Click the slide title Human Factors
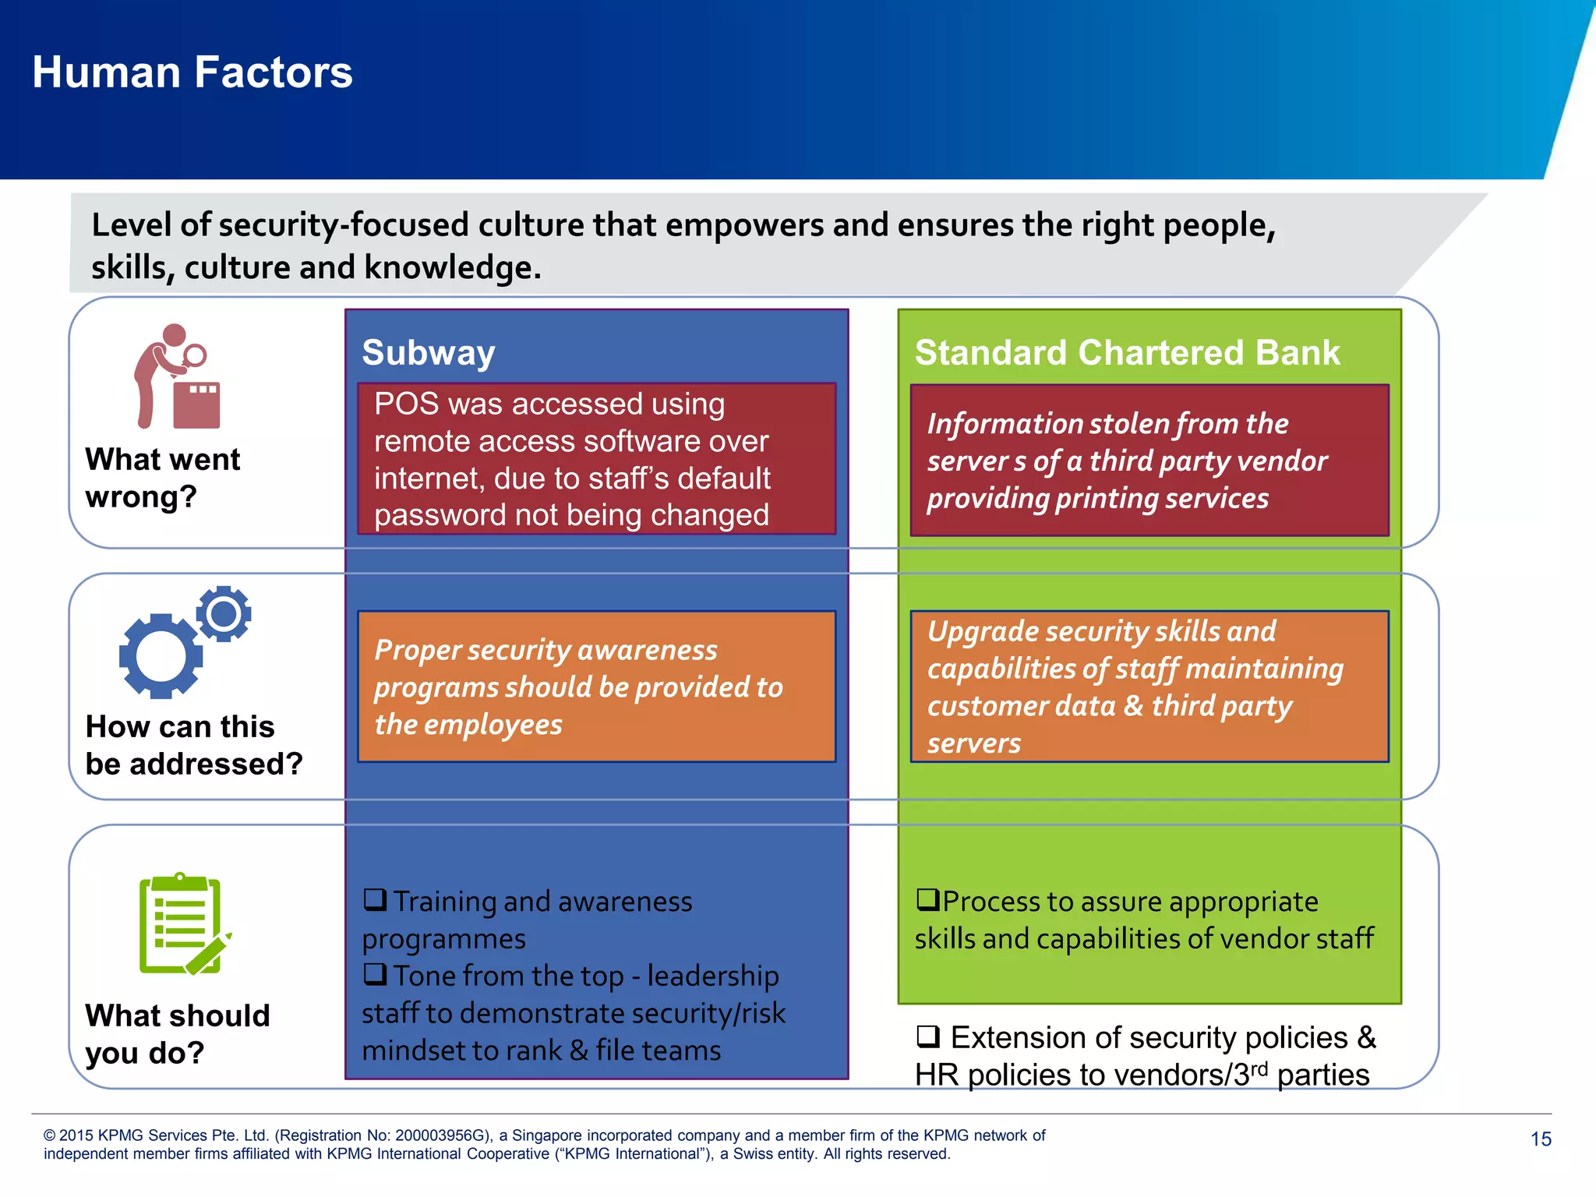(192, 72)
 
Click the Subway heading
(429, 353)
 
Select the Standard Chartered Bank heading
(1127, 353)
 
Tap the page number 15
(1541, 1139)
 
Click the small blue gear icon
(224, 614)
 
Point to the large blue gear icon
(161, 656)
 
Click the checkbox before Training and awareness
(375, 899)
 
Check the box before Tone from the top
(375, 974)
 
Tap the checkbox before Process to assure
(927, 899)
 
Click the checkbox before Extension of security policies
(928, 1036)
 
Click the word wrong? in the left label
(141, 496)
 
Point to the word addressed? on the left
(216, 764)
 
